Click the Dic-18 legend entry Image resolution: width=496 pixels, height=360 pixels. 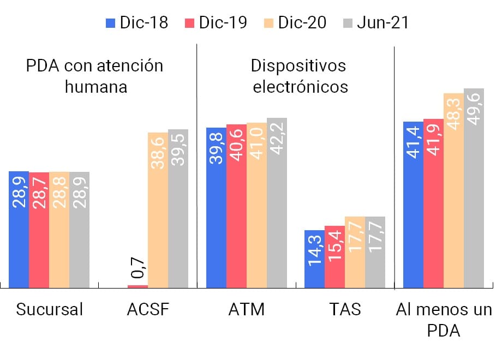tap(136, 22)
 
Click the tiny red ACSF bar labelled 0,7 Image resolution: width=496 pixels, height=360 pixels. tap(138, 286)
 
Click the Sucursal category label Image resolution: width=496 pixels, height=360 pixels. tap(50, 310)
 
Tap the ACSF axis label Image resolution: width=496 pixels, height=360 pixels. tap(148, 310)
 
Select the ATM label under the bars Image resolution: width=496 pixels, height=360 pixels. tap(246, 310)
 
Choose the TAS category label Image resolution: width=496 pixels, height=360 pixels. tap(345, 310)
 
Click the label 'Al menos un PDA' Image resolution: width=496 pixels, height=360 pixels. tap(443, 320)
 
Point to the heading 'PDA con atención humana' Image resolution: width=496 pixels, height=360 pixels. tap(95, 76)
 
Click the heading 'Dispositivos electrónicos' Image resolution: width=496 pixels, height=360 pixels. tap(299, 76)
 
